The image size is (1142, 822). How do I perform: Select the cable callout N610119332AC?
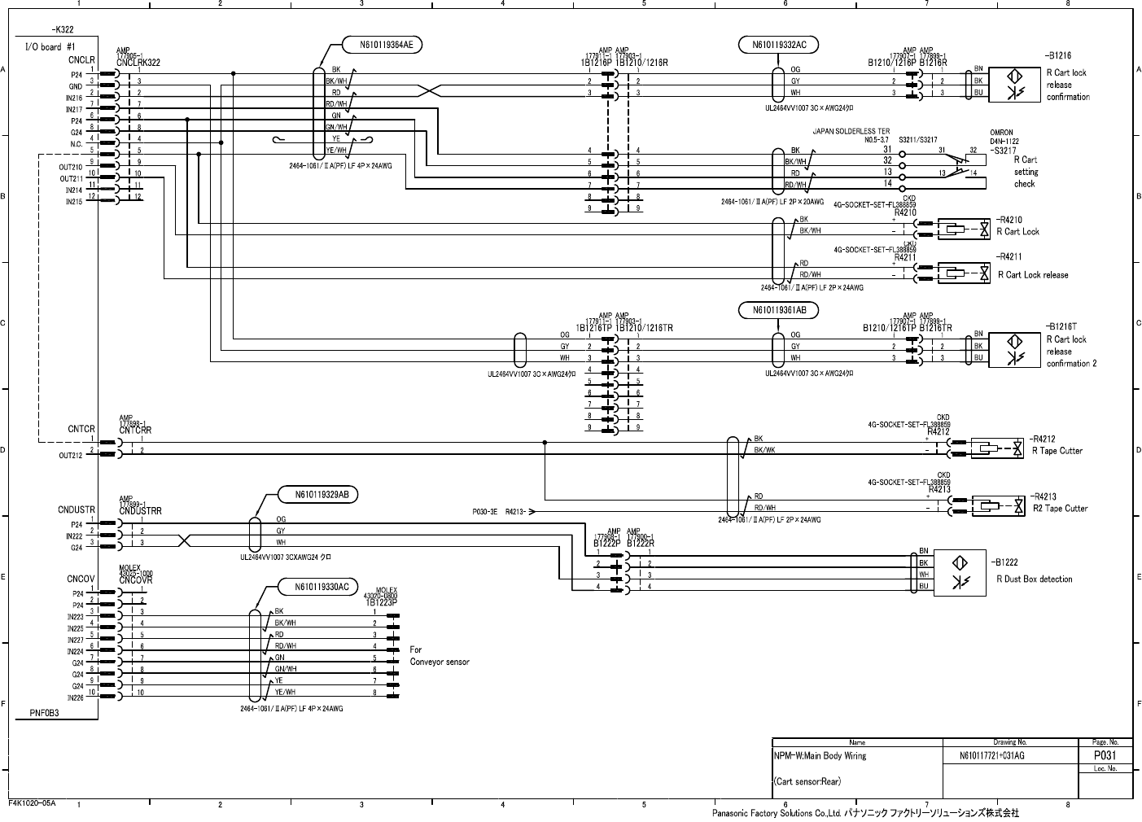(779, 45)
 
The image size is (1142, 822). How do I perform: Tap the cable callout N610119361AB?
(779, 310)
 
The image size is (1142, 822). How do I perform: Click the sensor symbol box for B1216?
(1016, 81)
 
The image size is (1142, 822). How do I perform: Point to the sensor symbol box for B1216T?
(1016, 347)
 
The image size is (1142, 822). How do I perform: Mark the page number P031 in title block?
(1105, 755)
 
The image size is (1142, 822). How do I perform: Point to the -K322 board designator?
(62, 28)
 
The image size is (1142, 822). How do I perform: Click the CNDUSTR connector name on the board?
(77, 510)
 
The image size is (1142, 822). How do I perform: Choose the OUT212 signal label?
(70, 456)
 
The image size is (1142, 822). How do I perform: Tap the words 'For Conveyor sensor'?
(440, 656)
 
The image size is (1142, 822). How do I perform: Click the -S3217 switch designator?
(1003, 151)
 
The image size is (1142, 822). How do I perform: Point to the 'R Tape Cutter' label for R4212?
(1057, 451)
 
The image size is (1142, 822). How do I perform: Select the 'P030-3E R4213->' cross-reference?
(503, 512)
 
